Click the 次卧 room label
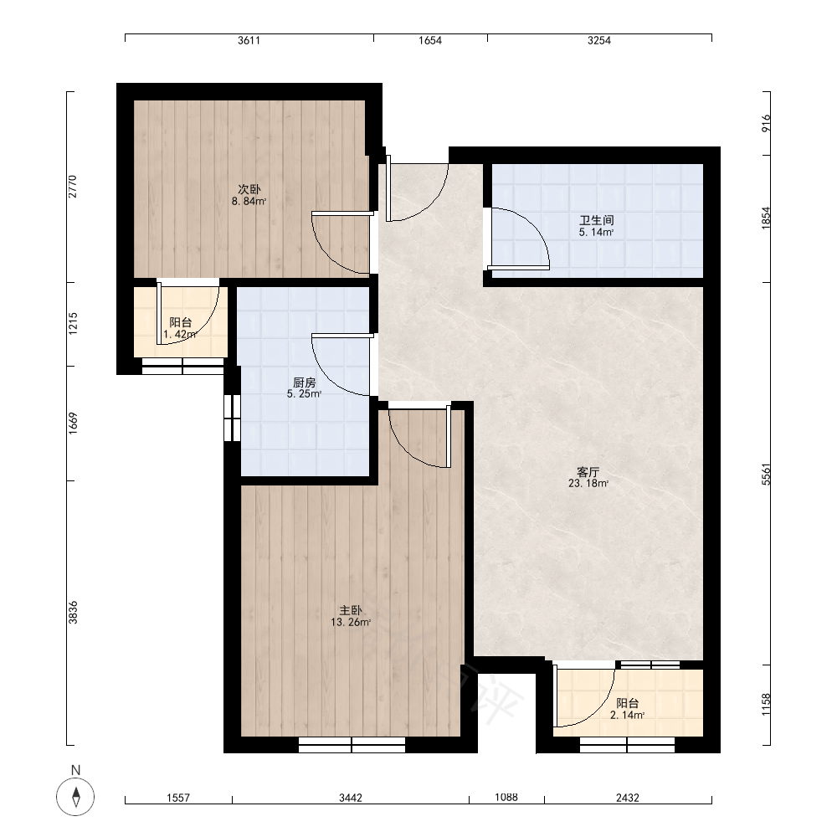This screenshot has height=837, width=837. (x=249, y=189)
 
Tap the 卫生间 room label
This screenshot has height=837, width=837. (x=597, y=220)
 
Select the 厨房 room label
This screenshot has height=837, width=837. (x=305, y=383)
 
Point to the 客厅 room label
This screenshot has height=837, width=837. (x=588, y=472)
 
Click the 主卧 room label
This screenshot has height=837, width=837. (x=351, y=610)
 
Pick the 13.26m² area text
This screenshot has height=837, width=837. (x=351, y=623)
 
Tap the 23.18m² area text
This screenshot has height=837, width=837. (x=588, y=484)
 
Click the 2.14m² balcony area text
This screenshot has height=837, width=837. (x=627, y=716)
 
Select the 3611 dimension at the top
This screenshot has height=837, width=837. (x=249, y=40)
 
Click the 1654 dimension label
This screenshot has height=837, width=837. (x=430, y=40)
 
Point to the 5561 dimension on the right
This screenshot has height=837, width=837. (x=767, y=474)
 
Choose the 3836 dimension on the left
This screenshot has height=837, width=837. (x=73, y=613)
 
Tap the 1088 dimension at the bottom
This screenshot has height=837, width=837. (x=506, y=797)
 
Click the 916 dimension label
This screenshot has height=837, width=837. (x=767, y=123)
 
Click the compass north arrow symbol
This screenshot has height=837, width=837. (x=76, y=797)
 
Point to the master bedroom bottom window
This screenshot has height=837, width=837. (x=352, y=745)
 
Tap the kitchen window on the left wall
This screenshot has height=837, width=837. (x=232, y=418)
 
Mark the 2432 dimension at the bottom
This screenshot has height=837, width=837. (x=628, y=798)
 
